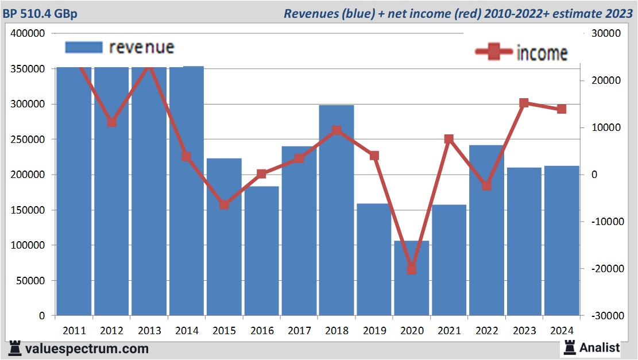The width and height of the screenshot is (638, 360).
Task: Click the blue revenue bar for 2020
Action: (x=412, y=278)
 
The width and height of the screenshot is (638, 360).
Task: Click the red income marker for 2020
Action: (x=411, y=269)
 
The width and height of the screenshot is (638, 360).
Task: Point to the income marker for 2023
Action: (x=524, y=103)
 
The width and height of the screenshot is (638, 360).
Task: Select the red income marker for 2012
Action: (x=112, y=122)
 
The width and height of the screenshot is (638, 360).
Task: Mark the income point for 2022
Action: (x=486, y=185)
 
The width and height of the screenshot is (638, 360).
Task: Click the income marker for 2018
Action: (x=337, y=130)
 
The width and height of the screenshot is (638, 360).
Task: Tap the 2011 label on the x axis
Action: (x=74, y=331)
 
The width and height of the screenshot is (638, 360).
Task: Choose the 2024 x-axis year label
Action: (x=561, y=331)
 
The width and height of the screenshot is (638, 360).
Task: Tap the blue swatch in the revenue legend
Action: (x=84, y=47)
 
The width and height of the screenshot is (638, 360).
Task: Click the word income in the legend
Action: (x=542, y=53)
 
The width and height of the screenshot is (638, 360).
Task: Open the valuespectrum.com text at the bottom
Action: (x=87, y=349)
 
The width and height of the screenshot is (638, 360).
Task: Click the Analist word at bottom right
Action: (x=600, y=347)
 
